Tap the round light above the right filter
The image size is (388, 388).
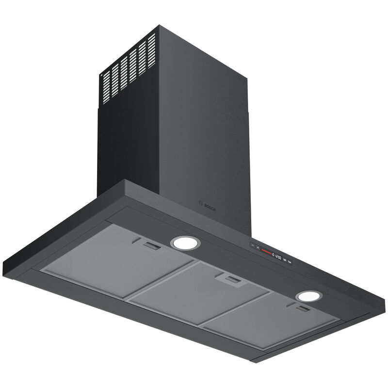point(309,296)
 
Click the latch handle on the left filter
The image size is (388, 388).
point(152,246)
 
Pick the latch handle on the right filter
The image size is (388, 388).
point(304,308)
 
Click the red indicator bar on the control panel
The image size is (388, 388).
point(265,250)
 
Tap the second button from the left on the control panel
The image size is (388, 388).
point(258,247)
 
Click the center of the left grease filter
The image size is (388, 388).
point(116,259)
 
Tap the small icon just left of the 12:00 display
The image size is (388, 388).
point(273,254)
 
